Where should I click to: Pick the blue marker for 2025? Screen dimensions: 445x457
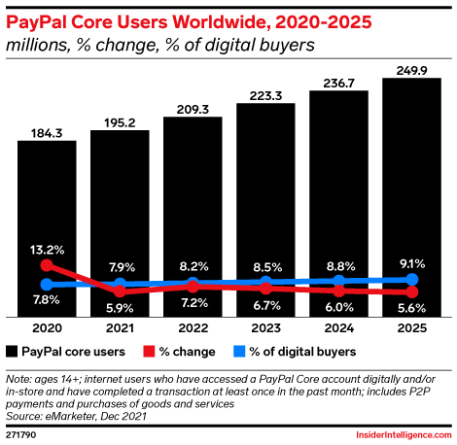tap(412, 280)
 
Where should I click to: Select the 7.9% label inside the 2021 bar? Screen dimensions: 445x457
tap(120, 267)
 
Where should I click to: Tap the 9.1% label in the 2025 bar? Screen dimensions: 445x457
tap(412, 261)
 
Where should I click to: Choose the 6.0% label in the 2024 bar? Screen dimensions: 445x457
tap(339, 305)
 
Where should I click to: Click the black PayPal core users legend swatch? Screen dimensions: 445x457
tap(13, 351)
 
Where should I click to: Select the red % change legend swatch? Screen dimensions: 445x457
tap(150, 351)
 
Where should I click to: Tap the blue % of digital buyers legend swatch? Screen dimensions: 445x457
tap(239, 351)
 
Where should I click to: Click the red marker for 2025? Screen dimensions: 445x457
tap(412, 291)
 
